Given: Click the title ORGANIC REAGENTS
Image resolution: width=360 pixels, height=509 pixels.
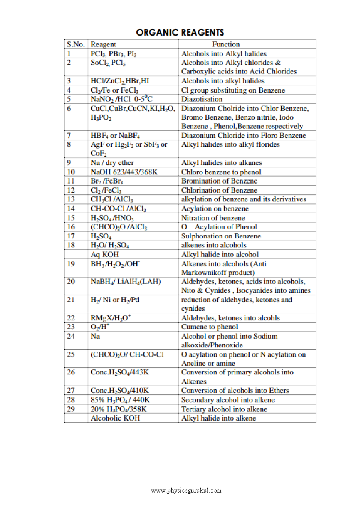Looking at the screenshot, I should click(180, 32).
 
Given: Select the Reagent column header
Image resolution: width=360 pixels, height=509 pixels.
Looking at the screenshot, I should click(103, 44).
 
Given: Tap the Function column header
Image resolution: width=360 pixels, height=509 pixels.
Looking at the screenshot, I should click(226, 44).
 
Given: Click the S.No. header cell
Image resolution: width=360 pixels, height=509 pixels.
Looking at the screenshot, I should click(76, 44).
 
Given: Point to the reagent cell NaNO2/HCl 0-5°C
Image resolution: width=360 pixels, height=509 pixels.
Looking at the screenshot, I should click(122, 99).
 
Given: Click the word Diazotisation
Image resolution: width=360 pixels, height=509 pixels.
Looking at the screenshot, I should click(202, 99).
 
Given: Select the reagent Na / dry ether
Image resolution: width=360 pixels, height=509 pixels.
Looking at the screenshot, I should click(112, 163).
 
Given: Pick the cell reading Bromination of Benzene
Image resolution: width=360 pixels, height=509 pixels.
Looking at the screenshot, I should click(219, 181).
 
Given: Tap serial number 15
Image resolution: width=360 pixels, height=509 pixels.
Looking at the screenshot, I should click(71, 218).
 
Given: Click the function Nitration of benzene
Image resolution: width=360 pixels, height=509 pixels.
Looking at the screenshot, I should click(213, 218).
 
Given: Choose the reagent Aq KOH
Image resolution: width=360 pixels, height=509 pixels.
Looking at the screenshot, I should click(105, 254).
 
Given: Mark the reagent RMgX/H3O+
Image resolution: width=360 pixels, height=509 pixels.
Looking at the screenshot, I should click(111, 318).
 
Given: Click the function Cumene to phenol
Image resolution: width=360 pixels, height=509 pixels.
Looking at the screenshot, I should click(210, 327).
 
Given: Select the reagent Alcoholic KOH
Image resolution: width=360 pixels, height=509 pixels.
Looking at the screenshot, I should click(115, 418).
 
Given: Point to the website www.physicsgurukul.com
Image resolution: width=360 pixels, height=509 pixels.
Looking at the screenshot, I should click(186, 490).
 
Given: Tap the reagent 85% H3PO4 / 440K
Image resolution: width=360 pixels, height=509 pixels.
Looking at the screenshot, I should click(120, 400).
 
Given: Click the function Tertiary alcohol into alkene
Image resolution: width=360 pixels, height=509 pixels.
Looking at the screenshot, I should click(224, 409).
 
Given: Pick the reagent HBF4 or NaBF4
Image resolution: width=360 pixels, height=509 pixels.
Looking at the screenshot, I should click(115, 136).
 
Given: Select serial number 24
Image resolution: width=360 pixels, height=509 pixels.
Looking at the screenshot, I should click(71, 336).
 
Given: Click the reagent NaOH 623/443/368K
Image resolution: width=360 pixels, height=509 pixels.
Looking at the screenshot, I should click(124, 172).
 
